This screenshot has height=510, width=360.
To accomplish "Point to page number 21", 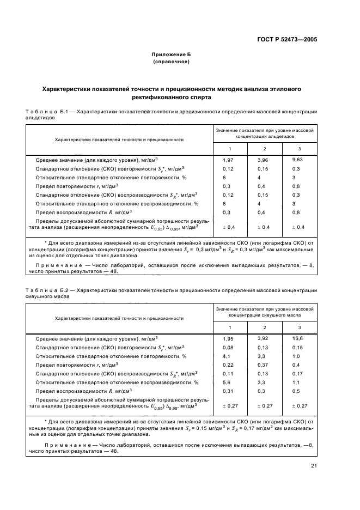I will coord(314,465).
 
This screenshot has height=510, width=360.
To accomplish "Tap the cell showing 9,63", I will coord(297,160).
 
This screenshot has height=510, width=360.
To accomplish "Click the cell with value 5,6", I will coord(227,382).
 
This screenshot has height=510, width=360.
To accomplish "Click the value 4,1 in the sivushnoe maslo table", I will coord(227,356).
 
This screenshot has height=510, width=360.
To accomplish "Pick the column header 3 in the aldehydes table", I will coord(299,149).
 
